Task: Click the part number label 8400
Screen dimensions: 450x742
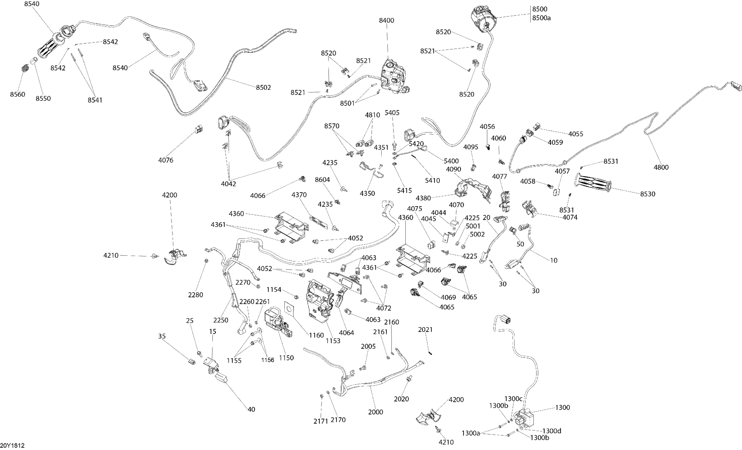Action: tap(386, 20)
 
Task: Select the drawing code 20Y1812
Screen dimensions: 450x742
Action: tap(12, 445)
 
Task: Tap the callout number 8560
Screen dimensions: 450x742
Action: tap(17, 94)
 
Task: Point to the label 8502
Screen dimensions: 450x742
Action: tap(263, 87)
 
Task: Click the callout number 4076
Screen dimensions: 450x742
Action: tap(166, 160)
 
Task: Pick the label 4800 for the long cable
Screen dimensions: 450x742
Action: tap(661, 167)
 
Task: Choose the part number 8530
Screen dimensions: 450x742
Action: tap(648, 194)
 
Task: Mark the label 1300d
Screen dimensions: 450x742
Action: tap(552, 431)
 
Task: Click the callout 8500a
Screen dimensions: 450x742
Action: tap(541, 18)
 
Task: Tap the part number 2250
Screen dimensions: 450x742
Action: tap(221, 320)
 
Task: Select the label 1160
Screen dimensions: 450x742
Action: tap(316, 335)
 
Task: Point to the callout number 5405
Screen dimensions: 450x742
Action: tap(392, 113)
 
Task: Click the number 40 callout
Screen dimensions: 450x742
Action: tap(251, 409)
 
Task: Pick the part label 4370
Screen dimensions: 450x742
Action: tap(299, 195)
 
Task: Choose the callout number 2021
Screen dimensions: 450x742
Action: tap(425, 330)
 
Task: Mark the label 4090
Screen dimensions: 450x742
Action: tap(453, 169)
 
